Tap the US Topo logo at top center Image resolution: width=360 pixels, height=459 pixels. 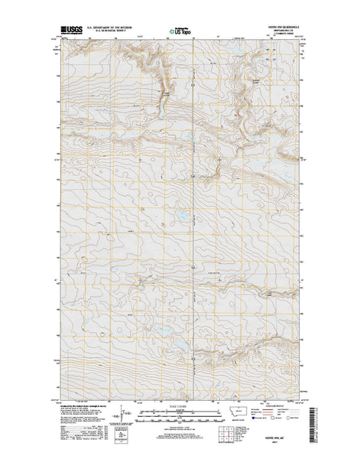coord(180,32)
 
